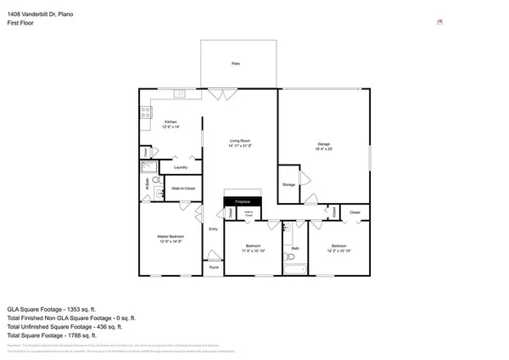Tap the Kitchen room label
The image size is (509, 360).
[x=170, y=122]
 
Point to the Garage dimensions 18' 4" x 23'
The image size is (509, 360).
[x=323, y=149]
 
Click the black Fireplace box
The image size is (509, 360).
[x=242, y=201]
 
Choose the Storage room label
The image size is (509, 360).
[x=289, y=183]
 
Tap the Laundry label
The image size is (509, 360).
[x=180, y=167]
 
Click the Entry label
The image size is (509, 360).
[x=213, y=229]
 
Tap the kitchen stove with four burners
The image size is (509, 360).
[x=145, y=110]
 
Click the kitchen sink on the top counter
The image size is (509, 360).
[x=180, y=93]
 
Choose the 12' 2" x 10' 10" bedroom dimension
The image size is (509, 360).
[x=339, y=250]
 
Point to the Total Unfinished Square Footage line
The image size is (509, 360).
[x=65, y=326]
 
